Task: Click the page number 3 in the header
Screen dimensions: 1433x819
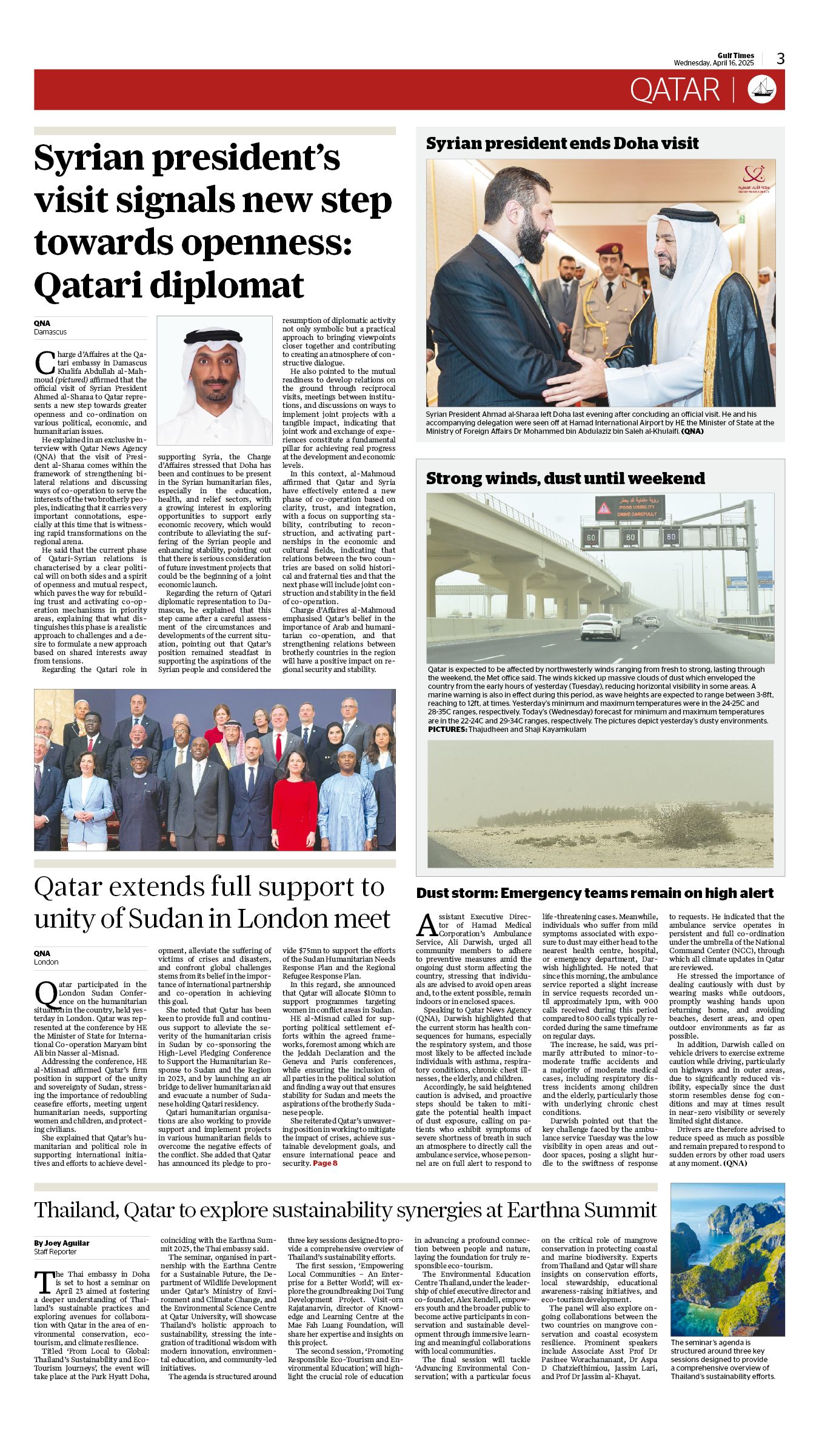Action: pos(781,59)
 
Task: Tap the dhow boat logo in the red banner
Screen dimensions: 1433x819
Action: pos(766,90)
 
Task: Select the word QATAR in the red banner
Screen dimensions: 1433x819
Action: pos(674,90)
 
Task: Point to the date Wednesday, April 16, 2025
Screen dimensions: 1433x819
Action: pos(714,63)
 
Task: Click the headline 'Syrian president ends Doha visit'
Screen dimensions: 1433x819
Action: pos(562,144)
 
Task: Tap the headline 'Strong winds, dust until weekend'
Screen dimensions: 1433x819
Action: pos(565,479)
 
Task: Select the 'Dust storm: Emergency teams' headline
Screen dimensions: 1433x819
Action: pos(594,893)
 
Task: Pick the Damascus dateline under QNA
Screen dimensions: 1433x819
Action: pos(50,332)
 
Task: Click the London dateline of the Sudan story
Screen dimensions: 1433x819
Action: pos(46,962)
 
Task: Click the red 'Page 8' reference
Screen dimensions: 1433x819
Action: pos(325,1163)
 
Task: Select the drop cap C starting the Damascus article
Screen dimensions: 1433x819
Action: pos(45,362)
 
